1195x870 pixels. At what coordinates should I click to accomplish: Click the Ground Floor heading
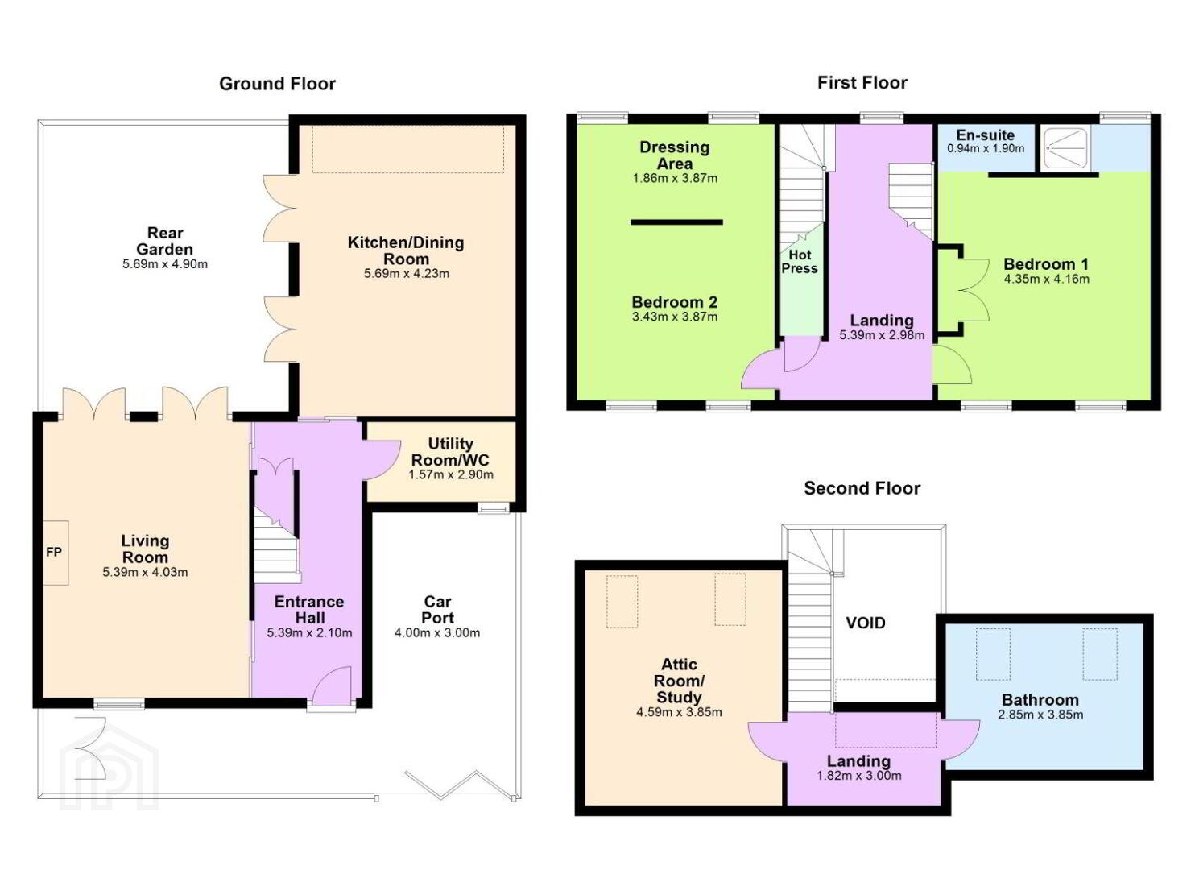(277, 84)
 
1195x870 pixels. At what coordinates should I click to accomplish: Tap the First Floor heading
(862, 83)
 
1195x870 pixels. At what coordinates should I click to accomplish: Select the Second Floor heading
(862, 488)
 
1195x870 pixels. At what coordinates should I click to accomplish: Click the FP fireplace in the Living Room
(56, 553)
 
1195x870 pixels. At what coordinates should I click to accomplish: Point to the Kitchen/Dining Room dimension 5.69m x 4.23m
(407, 274)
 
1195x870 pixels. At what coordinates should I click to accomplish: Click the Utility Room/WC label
(450, 452)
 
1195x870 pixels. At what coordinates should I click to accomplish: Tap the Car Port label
(437, 610)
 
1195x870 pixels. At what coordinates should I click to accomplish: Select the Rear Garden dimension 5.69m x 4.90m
(165, 264)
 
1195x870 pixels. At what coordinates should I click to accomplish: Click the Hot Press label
(800, 262)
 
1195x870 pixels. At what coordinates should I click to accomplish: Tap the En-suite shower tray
(1066, 148)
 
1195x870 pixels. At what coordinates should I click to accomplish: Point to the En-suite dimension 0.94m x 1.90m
(986, 148)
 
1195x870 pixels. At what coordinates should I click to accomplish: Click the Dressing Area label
(675, 155)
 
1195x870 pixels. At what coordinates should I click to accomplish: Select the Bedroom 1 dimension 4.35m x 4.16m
(1047, 280)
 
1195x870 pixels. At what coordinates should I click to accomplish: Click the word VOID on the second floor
(866, 623)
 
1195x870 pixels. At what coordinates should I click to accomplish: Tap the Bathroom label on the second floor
(1040, 700)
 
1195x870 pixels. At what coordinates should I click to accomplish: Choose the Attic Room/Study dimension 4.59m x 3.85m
(679, 712)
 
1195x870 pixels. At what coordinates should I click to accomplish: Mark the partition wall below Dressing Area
(677, 222)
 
